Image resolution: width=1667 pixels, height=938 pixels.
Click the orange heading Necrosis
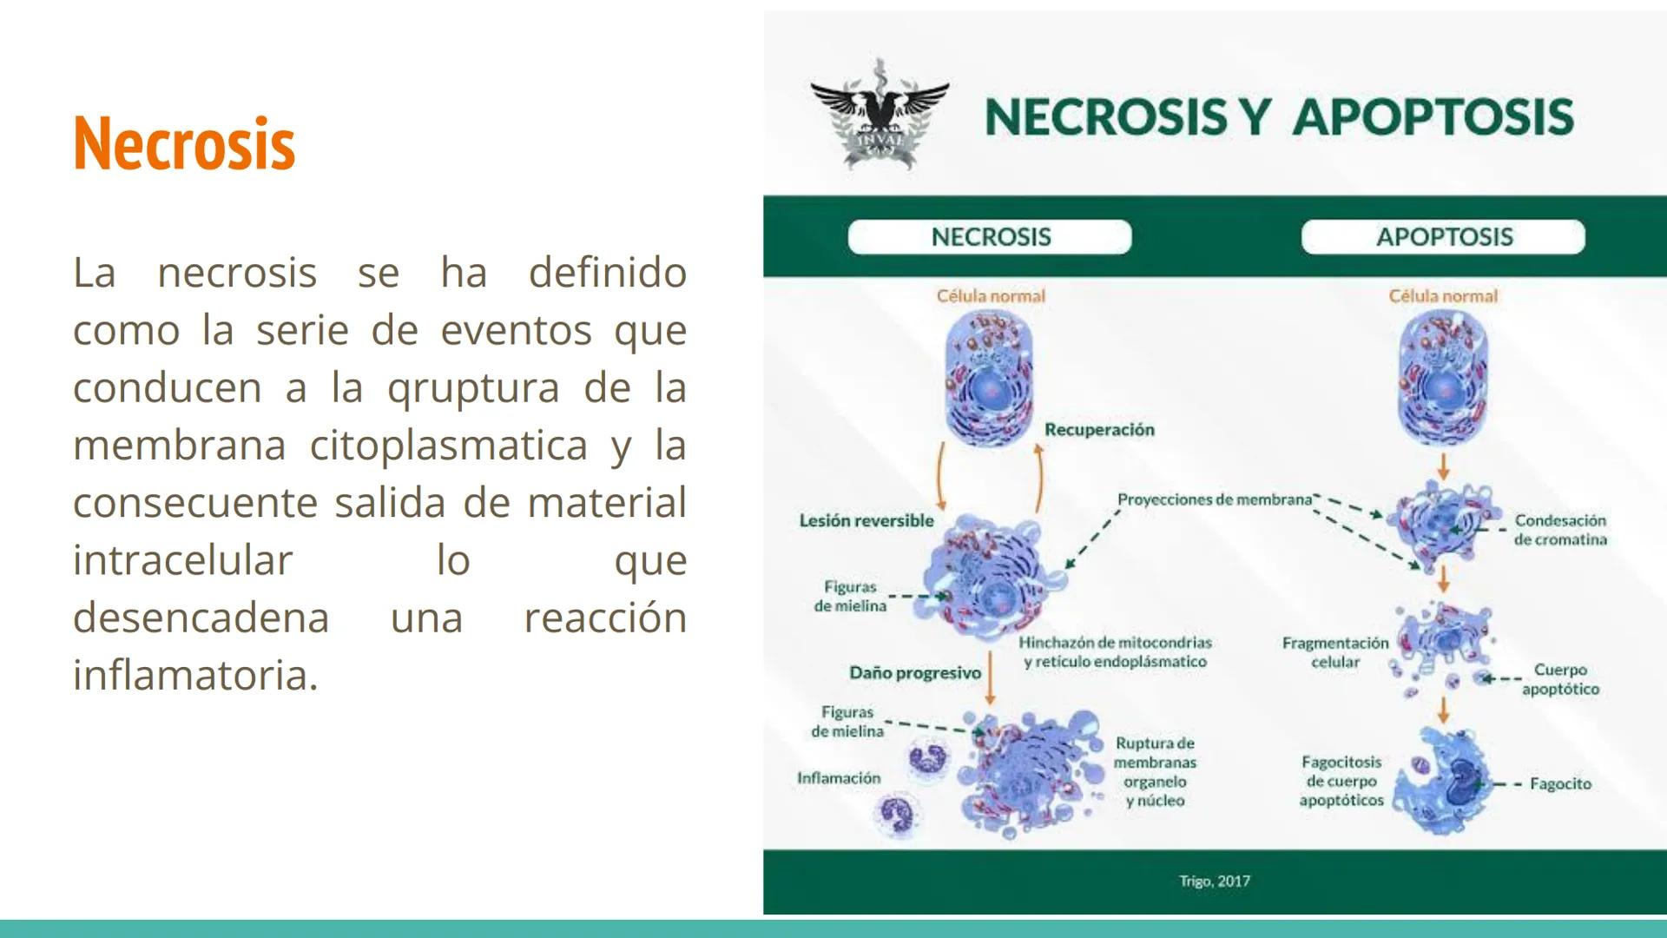(184, 143)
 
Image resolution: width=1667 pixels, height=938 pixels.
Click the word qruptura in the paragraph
(474, 388)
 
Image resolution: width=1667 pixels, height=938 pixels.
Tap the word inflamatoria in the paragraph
(194, 676)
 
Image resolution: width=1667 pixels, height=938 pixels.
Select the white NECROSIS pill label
(990, 237)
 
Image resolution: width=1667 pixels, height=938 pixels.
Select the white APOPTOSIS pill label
(1443, 237)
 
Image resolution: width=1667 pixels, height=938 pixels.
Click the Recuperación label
(1099, 430)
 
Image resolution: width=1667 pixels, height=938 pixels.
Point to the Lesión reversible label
(866, 521)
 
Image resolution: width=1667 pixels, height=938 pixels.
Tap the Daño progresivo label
(915, 673)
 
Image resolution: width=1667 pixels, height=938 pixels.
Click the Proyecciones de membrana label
(1214, 499)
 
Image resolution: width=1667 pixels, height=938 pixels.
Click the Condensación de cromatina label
(1560, 530)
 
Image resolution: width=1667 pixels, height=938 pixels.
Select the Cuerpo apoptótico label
(1560, 679)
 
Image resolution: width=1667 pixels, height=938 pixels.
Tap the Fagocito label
(1560, 784)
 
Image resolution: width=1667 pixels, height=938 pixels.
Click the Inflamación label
(839, 778)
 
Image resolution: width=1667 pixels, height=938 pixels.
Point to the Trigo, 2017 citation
(1214, 882)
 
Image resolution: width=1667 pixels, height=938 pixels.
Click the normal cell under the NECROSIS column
(990, 380)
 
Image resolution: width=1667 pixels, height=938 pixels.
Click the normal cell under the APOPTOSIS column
(1443, 380)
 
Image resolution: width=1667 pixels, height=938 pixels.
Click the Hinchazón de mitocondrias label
(1115, 652)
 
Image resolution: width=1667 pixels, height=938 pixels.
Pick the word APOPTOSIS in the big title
(1433, 117)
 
